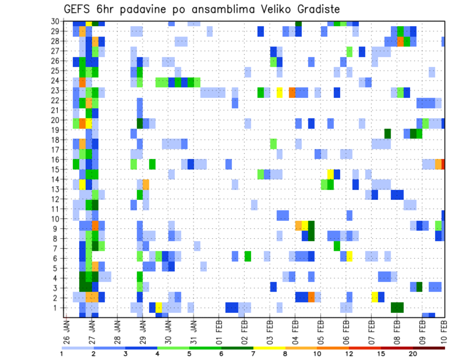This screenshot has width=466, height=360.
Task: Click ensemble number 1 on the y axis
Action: click(x=57, y=308)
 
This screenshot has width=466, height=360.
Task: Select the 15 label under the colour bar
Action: click(x=381, y=354)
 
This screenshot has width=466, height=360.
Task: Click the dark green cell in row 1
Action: click(x=397, y=308)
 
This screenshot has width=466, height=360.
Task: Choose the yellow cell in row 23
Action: click(x=280, y=92)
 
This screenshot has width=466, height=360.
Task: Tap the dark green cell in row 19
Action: click(x=387, y=133)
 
